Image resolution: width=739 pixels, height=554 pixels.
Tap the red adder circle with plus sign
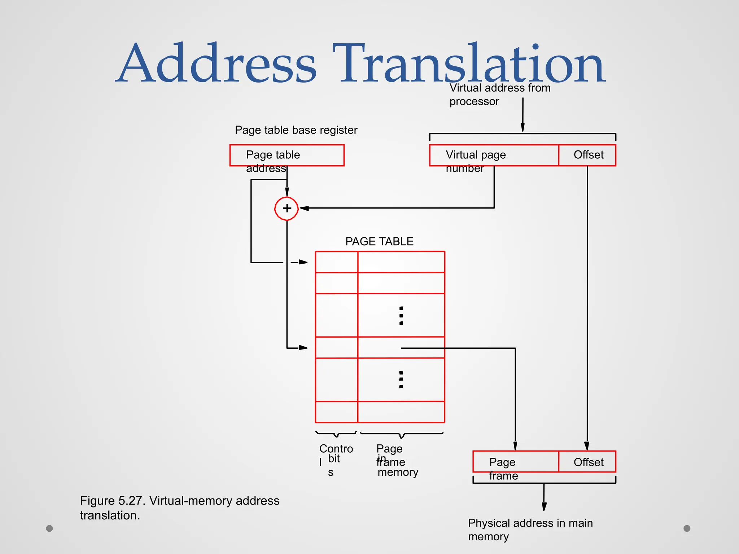[x=287, y=208]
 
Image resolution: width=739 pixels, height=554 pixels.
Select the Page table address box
[x=287, y=155]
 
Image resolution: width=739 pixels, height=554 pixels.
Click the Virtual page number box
[x=494, y=155]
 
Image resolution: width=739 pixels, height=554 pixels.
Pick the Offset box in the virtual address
[x=587, y=155]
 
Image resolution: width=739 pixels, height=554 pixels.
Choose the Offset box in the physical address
[x=587, y=462]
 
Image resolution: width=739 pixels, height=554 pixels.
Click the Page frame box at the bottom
[x=515, y=462]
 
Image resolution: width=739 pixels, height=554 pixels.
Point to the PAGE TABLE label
[x=379, y=241]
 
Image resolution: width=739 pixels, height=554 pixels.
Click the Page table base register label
[x=296, y=130]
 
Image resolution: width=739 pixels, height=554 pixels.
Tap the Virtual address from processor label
[x=499, y=94]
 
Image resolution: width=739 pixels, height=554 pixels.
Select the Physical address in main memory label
[x=530, y=529]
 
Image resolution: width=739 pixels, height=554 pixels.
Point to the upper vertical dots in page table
[x=401, y=316]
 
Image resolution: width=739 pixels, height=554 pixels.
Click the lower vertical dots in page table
[x=401, y=379]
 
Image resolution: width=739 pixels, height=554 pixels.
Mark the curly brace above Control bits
[x=336, y=434]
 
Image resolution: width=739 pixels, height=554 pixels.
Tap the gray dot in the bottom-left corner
[x=49, y=528]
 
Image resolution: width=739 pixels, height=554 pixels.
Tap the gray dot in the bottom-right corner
[x=687, y=528]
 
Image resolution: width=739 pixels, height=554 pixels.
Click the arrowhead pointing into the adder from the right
[x=304, y=208]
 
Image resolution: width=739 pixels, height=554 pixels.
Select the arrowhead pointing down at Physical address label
[x=544, y=506]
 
